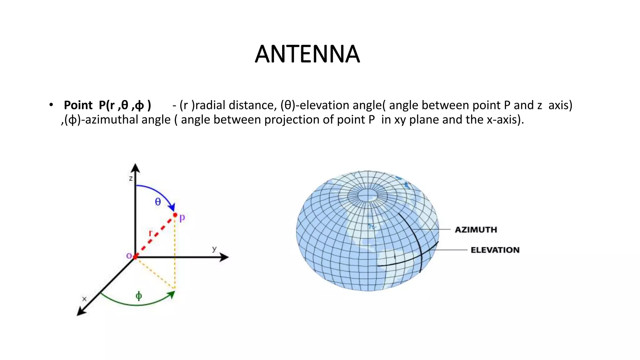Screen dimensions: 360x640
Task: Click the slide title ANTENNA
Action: (307, 54)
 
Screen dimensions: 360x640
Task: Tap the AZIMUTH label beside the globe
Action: (476, 230)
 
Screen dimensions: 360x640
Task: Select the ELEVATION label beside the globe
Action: (495, 250)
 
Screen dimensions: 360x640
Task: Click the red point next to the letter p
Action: (175, 215)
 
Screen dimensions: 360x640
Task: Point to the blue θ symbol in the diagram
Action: (158, 202)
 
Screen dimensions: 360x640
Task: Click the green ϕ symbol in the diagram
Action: (139, 295)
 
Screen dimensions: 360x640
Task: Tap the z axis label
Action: (131, 178)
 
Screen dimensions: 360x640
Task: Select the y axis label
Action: (214, 249)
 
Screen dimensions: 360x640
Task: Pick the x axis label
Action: (84, 299)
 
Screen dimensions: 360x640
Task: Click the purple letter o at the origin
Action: (128, 256)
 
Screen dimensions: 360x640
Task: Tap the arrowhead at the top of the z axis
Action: (135, 168)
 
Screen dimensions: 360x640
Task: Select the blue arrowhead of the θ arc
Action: (172, 207)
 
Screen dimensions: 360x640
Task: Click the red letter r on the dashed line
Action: (150, 233)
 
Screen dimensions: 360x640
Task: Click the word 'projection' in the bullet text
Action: (292, 120)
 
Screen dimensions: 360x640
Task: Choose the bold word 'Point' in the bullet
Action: (78, 105)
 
